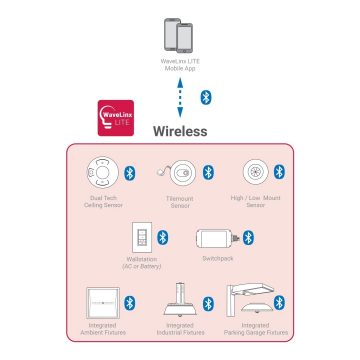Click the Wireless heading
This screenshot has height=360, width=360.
(179, 131)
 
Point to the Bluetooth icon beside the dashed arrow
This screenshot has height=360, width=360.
(205, 96)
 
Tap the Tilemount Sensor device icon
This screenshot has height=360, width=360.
(180, 173)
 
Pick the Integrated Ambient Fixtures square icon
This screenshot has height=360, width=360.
(103, 301)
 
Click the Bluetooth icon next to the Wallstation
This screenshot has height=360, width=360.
(162, 237)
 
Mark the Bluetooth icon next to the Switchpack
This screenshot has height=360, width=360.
(246, 237)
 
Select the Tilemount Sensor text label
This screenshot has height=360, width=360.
(180, 203)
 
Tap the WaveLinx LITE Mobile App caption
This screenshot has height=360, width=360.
(180, 66)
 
